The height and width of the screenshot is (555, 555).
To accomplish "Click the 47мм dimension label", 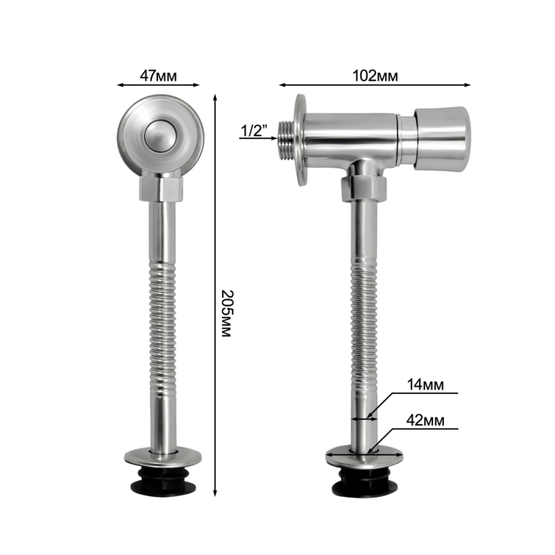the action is point(158,76).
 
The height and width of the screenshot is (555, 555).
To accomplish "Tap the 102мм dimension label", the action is point(375,76).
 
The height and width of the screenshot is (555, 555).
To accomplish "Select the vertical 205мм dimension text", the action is point(226,314).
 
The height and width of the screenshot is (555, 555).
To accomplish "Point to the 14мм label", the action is point(425,384).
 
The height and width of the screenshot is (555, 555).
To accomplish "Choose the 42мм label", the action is point(425,420).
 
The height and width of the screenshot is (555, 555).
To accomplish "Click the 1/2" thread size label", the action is point(253,130).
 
